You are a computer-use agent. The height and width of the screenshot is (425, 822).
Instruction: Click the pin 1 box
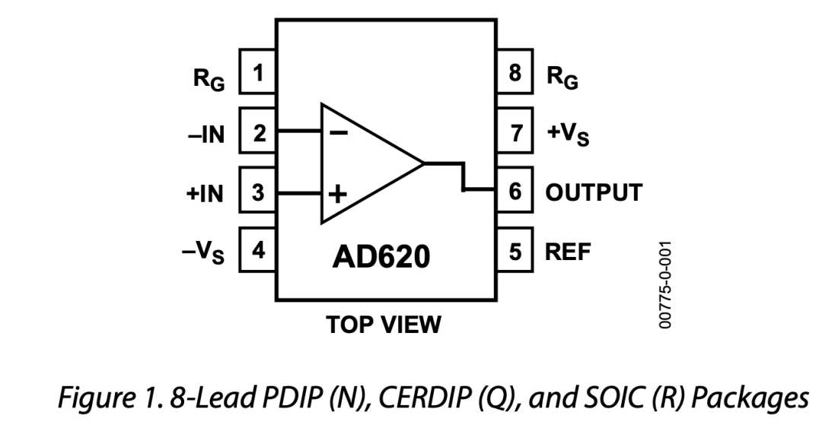pyautogui.click(x=259, y=73)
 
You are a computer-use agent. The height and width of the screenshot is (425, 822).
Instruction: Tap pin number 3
pyautogui.click(x=259, y=192)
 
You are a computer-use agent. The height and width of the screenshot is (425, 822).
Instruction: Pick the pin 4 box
pyautogui.click(x=259, y=252)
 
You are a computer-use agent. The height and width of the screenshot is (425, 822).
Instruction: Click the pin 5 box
pyautogui.click(x=515, y=252)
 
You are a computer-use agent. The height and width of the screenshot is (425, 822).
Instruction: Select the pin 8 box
pyautogui.click(x=515, y=73)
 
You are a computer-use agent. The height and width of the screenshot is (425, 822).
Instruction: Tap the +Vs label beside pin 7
pyautogui.click(x=568, y=135)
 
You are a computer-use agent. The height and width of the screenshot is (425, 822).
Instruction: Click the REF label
pyautogui.click(x=567, y=252)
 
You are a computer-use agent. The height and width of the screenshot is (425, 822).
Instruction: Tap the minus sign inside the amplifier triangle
pyautogui.click(x=339, y=132)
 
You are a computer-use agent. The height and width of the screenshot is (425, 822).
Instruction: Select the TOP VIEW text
pyautogui.click(x=384, y=325)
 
